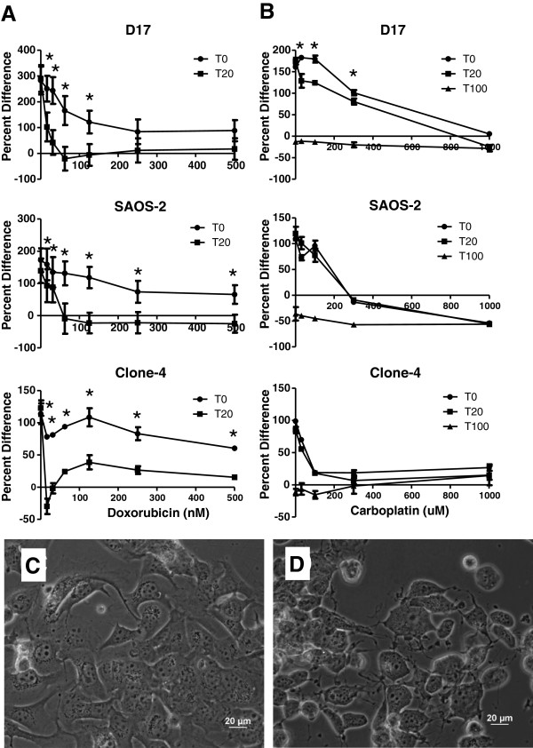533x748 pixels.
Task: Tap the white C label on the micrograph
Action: pos(28,567)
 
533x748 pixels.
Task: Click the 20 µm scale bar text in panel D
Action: pos(497,714)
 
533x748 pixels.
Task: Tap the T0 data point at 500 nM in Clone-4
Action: pos(235,448)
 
